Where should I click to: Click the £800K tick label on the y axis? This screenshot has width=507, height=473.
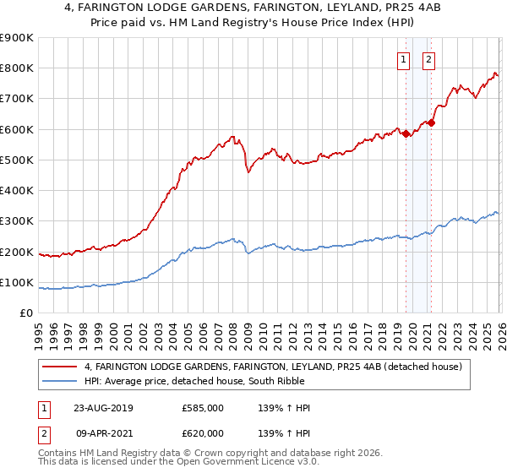(17, 68)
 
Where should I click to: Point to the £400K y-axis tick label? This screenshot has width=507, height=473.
(17, 191)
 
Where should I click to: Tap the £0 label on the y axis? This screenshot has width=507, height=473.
(28, 313)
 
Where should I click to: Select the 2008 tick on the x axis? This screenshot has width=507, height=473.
(232, 330)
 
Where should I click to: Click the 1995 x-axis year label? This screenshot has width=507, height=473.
(39, 330)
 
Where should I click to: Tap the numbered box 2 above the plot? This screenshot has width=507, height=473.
(428, 59)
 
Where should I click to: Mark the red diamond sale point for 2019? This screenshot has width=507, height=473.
(406, 133)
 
